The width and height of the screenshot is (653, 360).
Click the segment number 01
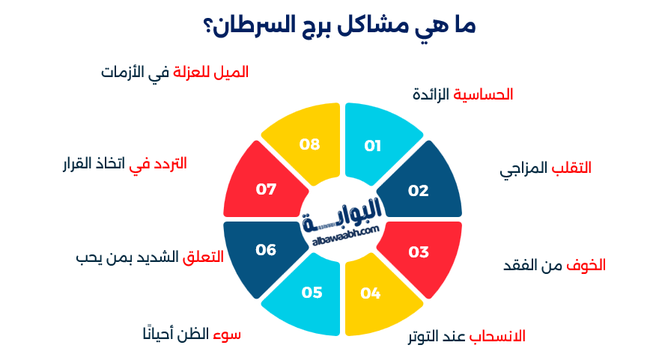(372, 146)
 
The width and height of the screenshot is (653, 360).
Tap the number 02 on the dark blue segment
(418, 190)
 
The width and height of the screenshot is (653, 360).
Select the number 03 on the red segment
(418, 251)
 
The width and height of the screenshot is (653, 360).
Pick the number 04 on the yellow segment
(371, 293)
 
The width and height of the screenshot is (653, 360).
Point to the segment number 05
(312, 293)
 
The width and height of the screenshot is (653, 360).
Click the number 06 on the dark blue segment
(266, 249)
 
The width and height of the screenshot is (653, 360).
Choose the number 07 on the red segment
(266, 189)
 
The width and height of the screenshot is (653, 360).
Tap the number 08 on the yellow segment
(310, 144)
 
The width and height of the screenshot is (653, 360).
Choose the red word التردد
(171, 162)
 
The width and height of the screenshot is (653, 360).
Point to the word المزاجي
(524, 169)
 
